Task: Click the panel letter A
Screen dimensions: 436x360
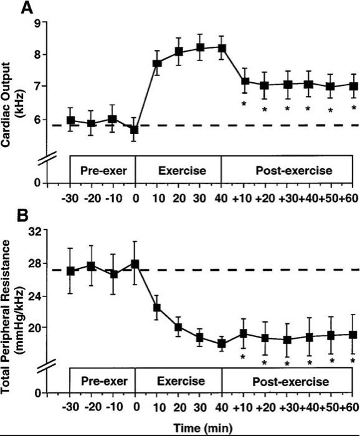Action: [x=9, y=8]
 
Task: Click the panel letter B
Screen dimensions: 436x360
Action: [x=9, y=218]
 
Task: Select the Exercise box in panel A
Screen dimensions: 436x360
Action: [x=178, y=169]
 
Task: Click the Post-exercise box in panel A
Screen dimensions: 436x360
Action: [x=287, y=169]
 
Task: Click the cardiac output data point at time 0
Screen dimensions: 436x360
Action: [x=135, y=130]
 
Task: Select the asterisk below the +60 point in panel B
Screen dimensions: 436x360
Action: [x=353, y=360]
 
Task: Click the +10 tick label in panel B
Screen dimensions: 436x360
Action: [x=244, y=407]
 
